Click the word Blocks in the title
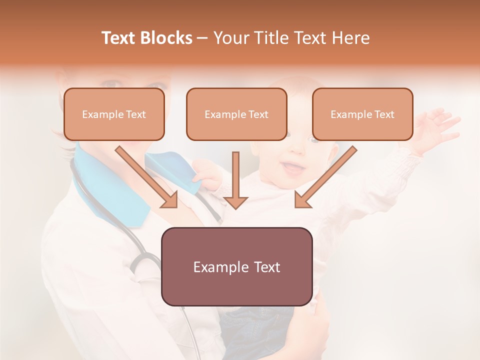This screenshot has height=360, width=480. (x=166, y=38)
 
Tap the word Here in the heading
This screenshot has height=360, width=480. (x=350, y=38)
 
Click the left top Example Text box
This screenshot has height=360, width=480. (x=114, y=114)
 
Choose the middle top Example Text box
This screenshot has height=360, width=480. (x=236, y=114)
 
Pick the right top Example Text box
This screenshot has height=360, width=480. (x=362, y=114)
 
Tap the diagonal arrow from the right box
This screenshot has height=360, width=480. (x=325, y=177)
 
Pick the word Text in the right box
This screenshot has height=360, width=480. (x=384, y=114)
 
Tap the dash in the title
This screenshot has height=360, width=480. (x=202, y=38)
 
